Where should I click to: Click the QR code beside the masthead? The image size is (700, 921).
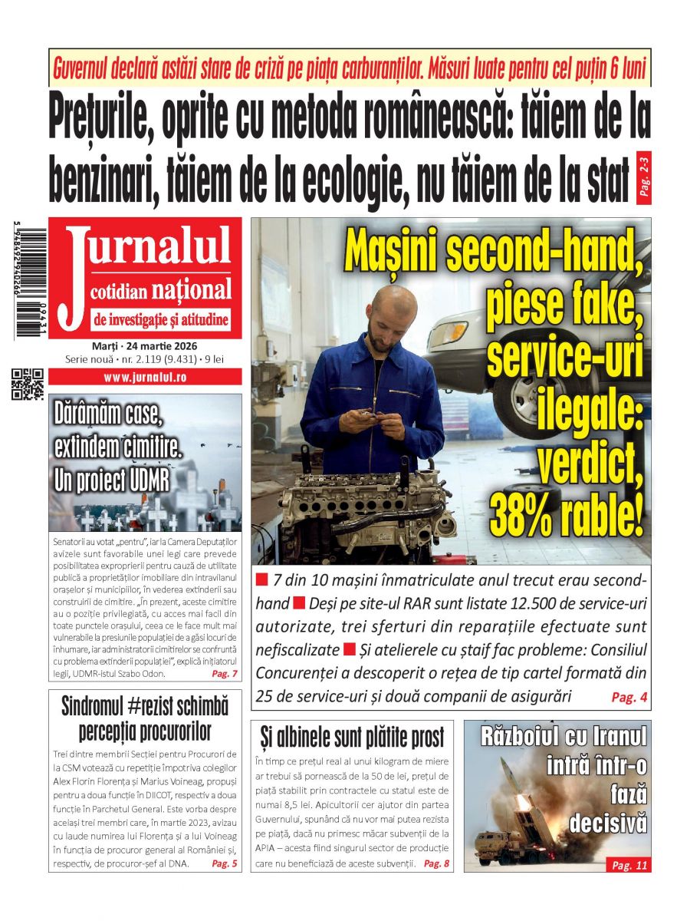(x=25, y=385)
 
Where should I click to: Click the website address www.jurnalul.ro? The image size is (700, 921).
(x=145, y=377)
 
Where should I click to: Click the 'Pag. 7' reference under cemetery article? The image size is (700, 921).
(x=224, y=674)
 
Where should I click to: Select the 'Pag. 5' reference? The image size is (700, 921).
(x=224, y=863)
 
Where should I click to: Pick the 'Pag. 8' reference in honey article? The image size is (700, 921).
(x=436, y=863)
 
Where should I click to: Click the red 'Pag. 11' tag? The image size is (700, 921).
(x=629, y=865)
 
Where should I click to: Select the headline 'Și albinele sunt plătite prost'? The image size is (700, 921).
(x=352, y=738)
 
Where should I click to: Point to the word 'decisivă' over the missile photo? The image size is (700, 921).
(x=608, y=823)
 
